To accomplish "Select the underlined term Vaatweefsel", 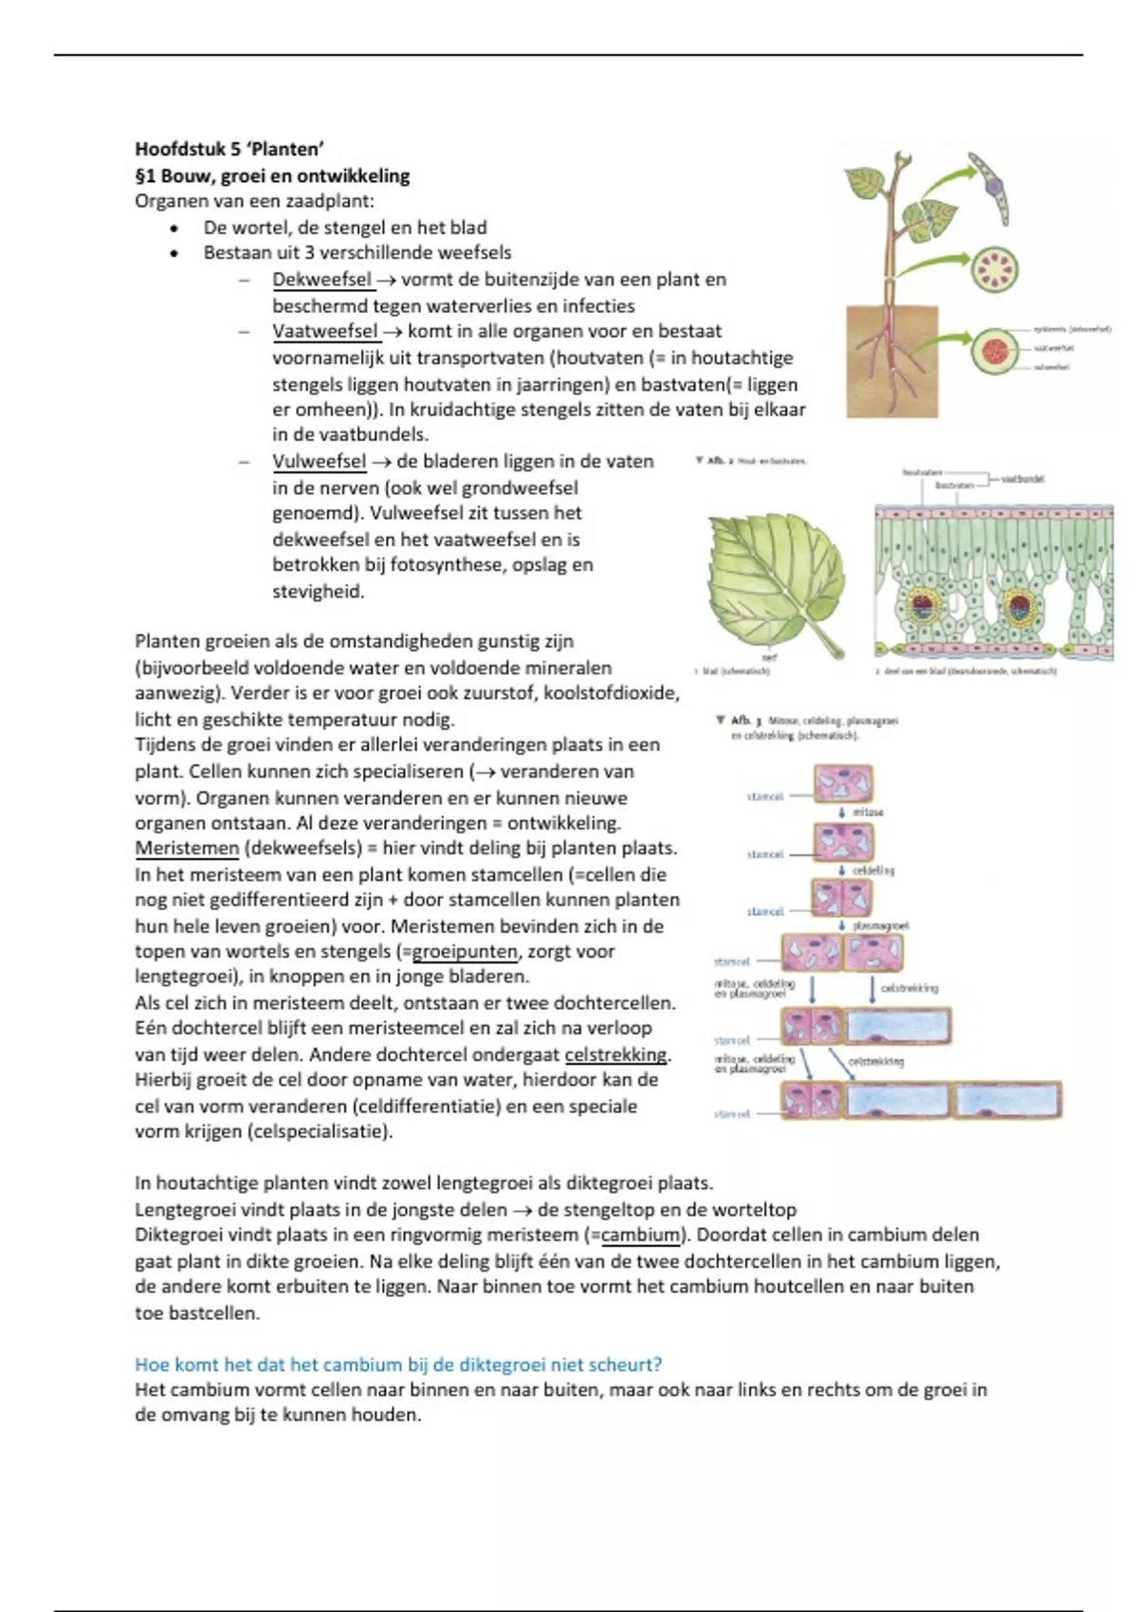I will click(325, 332).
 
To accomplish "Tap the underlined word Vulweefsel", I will click(319, 462).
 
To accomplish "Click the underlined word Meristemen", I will click(187, 849).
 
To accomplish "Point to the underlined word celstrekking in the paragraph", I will click(616, 1054).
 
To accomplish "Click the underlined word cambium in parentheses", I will click(640, 1236).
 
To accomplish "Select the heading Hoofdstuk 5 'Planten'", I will click(229, 149).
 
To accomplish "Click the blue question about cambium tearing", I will click(398, 1365).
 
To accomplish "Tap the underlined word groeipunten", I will click(465, 952).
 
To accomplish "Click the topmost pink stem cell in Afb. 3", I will click(843, 784).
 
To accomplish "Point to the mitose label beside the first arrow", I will click(868, 813).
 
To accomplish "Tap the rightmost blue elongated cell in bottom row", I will click(1007, 1101).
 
